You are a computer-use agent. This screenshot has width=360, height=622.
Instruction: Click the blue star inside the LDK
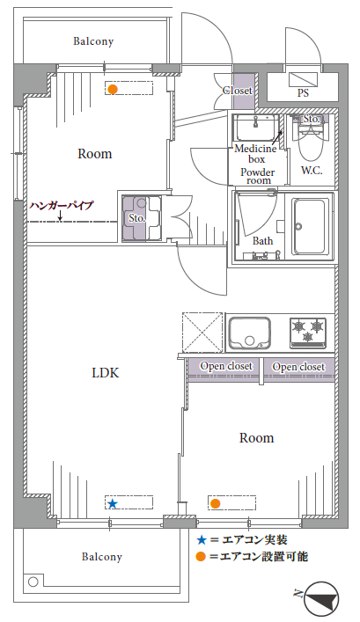coord(113,504)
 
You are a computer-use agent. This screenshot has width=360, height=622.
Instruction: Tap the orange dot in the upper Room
coord(114,89)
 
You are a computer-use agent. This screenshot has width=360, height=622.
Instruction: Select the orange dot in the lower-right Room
coord(215,503)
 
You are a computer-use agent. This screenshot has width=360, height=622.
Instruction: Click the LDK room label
coord(105,373)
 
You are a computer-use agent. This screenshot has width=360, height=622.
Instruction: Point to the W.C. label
coord(312,171)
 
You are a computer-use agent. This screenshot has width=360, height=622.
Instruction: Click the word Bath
coord(263,241)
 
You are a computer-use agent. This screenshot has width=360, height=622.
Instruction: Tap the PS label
coord(304,93)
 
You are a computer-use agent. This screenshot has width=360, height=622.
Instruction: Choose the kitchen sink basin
coord(250,333)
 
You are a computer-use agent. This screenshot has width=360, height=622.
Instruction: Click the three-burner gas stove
coord(308,333)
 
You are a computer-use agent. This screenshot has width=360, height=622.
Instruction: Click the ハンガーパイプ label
coord(62,206)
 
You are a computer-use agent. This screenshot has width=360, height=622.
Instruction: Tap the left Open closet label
coord(226,366)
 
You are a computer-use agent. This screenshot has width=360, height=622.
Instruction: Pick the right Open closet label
coord(298,367)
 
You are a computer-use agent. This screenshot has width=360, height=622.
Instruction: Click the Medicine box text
coord(256,154)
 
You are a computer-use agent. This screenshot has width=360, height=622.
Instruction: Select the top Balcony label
coord(93,41)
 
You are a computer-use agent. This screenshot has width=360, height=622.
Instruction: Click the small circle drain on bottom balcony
coord(33,582)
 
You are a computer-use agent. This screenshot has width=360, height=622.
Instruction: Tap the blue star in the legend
coord(202,540)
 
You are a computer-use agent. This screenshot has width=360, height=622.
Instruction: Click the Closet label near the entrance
coord(238,91)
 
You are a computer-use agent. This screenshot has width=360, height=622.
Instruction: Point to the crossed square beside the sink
coord(202,333)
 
